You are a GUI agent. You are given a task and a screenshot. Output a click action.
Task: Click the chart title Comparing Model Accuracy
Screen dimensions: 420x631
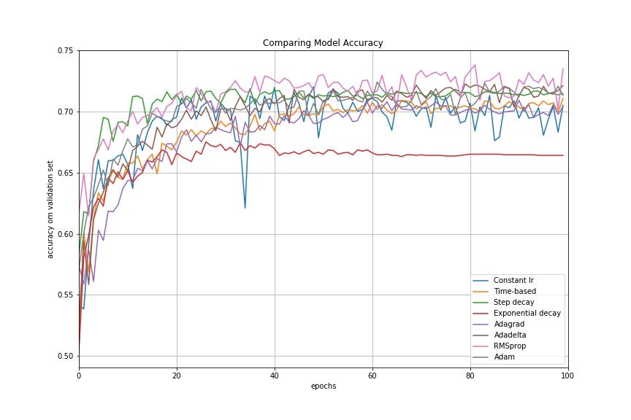323,43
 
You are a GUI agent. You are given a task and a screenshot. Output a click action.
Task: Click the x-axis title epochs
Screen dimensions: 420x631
323,386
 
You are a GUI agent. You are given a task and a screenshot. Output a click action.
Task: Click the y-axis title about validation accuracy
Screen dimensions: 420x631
50,209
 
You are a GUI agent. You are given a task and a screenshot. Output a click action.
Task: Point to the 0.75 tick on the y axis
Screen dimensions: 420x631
64,50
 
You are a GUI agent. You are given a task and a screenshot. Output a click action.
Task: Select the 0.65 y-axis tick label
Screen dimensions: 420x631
64,173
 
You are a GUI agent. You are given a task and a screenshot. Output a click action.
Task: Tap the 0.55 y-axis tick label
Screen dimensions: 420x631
64,295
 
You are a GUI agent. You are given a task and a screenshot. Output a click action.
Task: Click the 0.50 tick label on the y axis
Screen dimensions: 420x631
64,356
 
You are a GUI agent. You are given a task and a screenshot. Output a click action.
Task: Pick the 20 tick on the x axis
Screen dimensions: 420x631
177,375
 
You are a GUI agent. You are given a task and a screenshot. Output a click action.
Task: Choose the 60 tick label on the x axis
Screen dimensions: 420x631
372,375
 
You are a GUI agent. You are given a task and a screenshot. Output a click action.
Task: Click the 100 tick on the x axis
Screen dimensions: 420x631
567,375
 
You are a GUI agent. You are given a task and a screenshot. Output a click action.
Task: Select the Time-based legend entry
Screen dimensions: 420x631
516,291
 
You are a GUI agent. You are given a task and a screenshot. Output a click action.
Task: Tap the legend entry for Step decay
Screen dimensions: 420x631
515,302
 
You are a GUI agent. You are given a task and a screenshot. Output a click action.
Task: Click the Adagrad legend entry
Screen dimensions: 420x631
510,324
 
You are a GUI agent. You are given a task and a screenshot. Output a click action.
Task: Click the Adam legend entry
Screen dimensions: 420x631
507,357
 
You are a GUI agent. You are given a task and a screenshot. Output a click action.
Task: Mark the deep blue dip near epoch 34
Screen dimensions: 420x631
245,208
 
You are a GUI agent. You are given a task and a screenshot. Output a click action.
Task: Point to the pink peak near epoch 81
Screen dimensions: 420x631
475,65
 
